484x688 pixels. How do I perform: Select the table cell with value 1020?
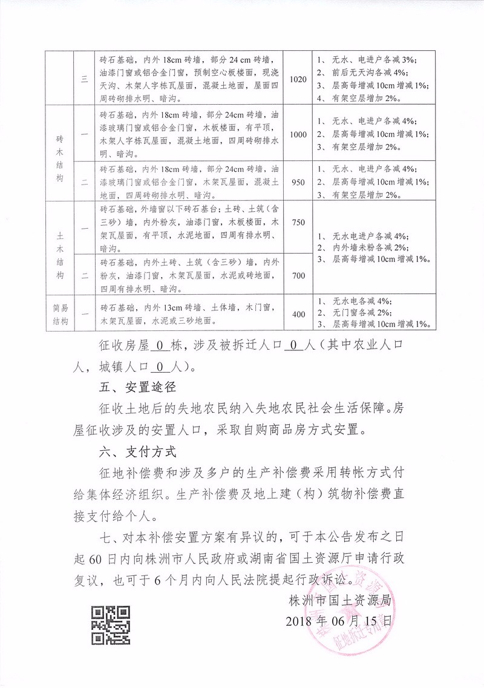(x=299, y=79)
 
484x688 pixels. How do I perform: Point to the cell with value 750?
(x=299, y=222)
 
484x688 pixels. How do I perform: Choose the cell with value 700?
(x=299, y=275)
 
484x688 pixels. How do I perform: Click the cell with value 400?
(x=299, y=313)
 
